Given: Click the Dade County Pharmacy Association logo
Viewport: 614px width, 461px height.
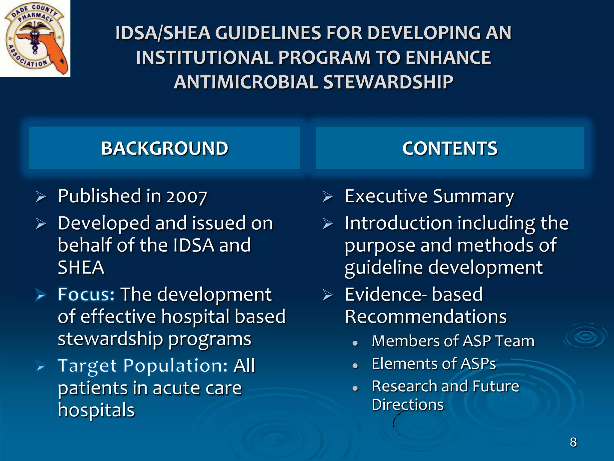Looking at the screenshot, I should (35, 38).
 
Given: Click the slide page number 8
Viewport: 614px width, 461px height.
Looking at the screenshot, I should (573, 442).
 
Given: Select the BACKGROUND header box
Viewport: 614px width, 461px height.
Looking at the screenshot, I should (164, 148).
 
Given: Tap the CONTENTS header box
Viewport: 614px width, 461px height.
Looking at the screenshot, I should (450, 148).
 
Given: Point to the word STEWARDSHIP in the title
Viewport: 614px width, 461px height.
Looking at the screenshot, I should (388, 82).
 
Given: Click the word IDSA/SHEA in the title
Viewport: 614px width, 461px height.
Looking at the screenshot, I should (163, 33).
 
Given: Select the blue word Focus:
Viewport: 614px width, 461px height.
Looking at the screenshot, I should (86, 294).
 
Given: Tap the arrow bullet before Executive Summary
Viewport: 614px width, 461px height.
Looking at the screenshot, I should (328, 197).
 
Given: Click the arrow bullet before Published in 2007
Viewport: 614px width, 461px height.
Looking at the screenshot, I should (41, 197).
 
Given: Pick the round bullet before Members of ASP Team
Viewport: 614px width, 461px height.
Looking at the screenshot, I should (356, 343).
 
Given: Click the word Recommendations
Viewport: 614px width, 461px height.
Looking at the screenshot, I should (426, 317).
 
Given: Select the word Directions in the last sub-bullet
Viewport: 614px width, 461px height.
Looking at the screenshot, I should (407, 405).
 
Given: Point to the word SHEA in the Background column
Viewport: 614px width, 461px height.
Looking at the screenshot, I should (81, 267).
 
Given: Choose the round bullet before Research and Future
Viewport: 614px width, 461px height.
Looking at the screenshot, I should (356, 388).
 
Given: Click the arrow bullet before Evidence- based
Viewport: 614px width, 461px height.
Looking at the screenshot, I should (328, 295).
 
